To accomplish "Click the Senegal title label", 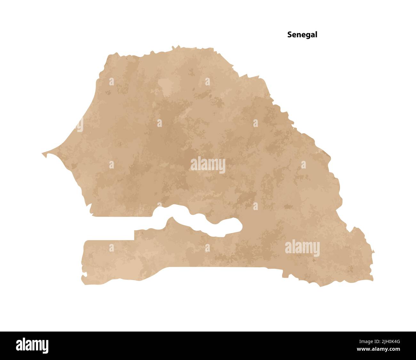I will coord(302,35).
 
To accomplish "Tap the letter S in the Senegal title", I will coord(290,35).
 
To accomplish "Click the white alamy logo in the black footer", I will coord(32,346).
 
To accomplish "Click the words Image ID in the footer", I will coord(365,341).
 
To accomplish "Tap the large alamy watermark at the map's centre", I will coord(208,165).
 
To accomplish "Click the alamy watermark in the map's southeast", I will coord(302,248).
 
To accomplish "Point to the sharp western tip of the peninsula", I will coord(43,154).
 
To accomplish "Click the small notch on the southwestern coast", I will coord(84,275).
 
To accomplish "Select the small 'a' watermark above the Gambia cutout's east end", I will coord(255,206).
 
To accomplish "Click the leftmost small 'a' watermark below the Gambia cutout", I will coord(111,248).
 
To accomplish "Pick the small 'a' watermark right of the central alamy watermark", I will coord(303,165).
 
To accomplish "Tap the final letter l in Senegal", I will coord(316,35).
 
